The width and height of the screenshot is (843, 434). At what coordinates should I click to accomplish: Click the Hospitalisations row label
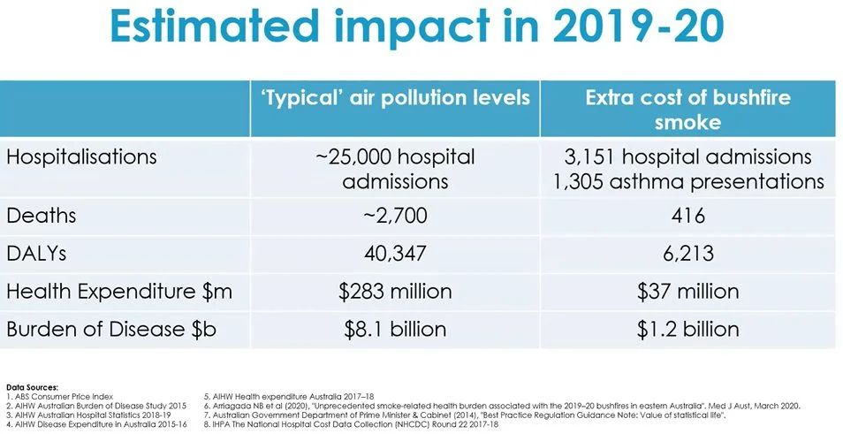coord(81,157)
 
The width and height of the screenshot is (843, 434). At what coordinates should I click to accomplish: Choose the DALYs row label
coord(39,254)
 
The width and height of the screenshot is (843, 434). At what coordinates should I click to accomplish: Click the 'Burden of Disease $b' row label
coord(111,329)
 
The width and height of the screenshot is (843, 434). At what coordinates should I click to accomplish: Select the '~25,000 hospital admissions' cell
coord(395,169)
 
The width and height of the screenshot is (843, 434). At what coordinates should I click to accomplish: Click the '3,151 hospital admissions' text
coord(687,157)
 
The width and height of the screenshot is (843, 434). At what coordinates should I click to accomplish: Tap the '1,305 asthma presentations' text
coord(687,182)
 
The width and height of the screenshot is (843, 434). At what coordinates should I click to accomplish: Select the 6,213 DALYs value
coord(687,254)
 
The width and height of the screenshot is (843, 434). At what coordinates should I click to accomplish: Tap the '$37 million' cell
coord(687,291)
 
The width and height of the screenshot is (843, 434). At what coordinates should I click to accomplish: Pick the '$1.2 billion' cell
coord(687,329)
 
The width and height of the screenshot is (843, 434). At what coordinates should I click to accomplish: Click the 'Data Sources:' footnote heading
coord(33,387)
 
